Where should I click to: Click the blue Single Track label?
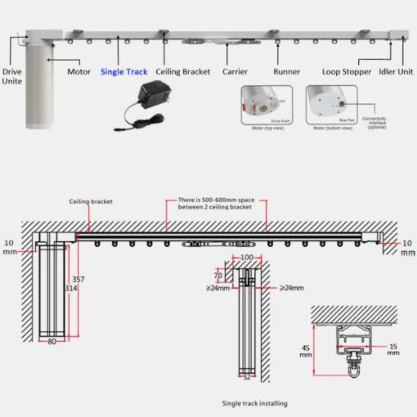124,72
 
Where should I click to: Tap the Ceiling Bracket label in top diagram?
183,72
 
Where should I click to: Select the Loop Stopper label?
346,72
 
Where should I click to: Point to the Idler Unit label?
396,71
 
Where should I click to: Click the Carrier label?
235,72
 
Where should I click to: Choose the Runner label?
286,72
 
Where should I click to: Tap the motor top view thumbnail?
266,105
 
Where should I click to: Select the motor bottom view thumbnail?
331,105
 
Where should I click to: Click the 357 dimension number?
78,279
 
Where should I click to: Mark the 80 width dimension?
52,341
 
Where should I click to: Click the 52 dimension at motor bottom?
247,378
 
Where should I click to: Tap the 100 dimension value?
247,258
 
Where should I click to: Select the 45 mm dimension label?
306,351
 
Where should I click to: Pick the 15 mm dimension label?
393,350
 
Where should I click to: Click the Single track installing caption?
254,403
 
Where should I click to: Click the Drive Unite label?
12,76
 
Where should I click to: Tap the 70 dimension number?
218,276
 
